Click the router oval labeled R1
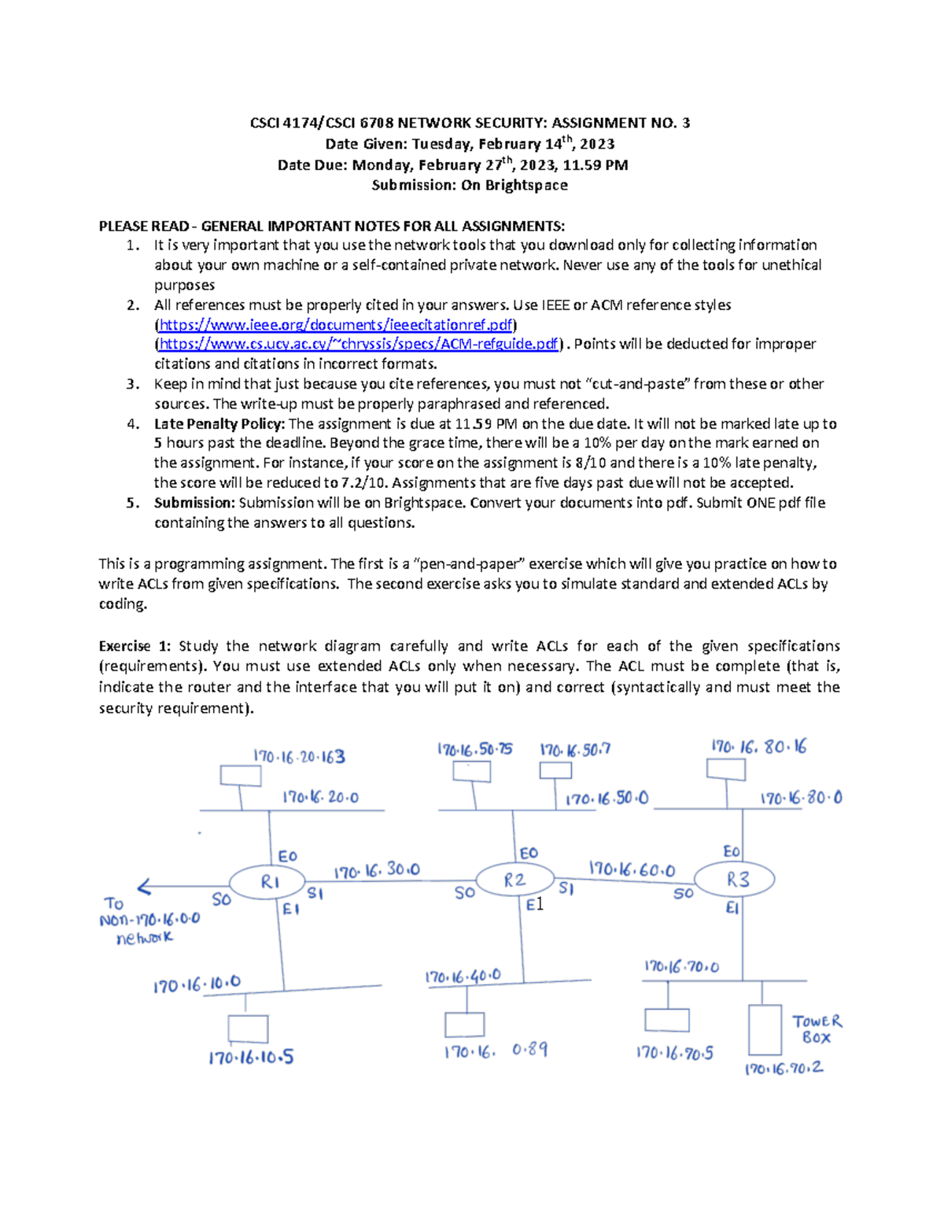pyautogui.click(x=267, y=881)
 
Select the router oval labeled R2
pyautogui.click(x=514, y=880)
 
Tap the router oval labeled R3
pyautogui.click(x=735, y=880)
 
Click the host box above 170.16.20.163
pyautogui.click(x=241, y=775)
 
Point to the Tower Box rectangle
pyautogui.click(x=765, y=1029)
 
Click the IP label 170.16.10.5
pyautogui.click(x=251, y=1058)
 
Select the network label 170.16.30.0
pyautogui.click(x=377, y=870)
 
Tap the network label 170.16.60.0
pyautogui.click(x=632, y=869)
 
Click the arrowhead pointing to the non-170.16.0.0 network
pyautogui.click(x=144, y=888)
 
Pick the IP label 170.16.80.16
pyautogui.click(x=758, y=747)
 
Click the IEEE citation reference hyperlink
pyautogui.click(x=336, y=324)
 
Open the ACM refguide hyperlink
pyautogui.click(x=359, y=344)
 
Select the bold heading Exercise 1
pyautogui.click(x=135, y=646)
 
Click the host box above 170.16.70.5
pyautogui.click(x=666, y=1020)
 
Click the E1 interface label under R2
pyautogui.click(x=535, y=905)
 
